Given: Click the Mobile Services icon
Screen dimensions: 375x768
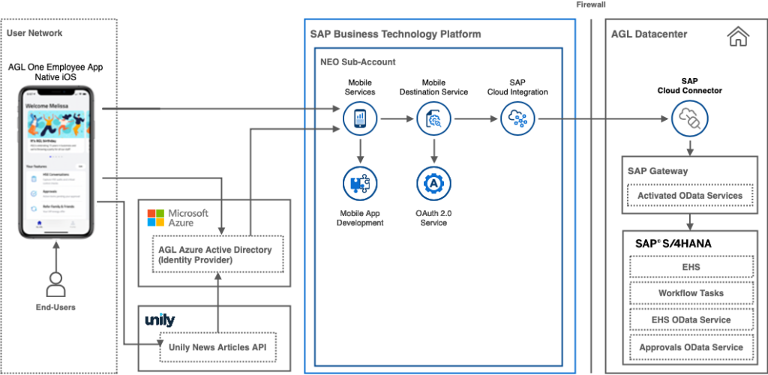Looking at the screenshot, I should pos(360,118).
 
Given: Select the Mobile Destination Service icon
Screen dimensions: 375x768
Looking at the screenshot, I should pos(433,118).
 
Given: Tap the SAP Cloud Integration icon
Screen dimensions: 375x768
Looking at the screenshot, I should pos(517,118).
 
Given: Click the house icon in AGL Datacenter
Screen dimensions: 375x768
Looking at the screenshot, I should pos(738,34).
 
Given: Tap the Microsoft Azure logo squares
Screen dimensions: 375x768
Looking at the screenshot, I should pos(155,217).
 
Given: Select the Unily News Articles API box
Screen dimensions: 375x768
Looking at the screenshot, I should pos(217,347).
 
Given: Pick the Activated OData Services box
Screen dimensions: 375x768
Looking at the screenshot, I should pos(689,196).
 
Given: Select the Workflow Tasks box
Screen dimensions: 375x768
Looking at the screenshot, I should pos(689,293).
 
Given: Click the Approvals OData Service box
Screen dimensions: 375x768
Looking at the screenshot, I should pos(689,347).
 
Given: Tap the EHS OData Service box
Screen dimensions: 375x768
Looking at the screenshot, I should pos(689,320).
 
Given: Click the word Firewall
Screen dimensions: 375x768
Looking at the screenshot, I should pos(591,4).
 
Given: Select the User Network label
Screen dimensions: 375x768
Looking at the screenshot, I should pos(35,33).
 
